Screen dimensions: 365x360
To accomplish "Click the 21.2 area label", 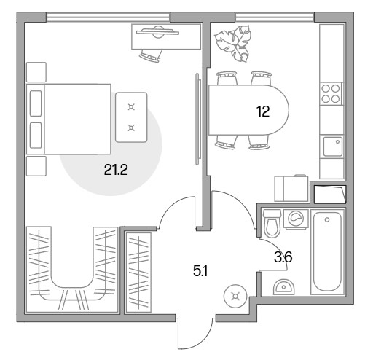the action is tap(116, 170).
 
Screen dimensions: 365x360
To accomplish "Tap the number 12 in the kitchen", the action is tap(263, 111).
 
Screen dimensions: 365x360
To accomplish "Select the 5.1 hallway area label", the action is tap(200, 271).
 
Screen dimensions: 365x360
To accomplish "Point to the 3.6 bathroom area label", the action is tap(283, 257).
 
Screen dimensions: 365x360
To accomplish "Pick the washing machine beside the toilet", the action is tap(296, 219).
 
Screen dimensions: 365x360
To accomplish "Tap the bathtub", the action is tap(327, 252).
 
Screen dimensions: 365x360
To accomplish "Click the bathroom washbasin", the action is tap(284, 287).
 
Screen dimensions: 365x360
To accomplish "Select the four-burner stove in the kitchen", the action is tap(331, 94).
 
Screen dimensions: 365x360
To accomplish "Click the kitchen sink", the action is tap(332, 146).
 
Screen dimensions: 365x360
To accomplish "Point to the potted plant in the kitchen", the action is tap(233, 44).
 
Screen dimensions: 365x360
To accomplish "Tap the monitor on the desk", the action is tap(157, 32).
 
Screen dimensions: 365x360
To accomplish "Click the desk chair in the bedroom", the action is tap(151, 55).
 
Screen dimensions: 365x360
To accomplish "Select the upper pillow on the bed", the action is tap(36, 103).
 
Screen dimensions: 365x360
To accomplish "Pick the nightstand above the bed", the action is tap(36, 72).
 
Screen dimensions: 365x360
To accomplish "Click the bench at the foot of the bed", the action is tap(131, 117).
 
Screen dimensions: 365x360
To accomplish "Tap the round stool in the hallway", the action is tap(235, 297).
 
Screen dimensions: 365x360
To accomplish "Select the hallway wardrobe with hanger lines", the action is tap(138, 272).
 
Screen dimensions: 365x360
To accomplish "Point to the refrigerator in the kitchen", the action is tap(291, 189).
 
